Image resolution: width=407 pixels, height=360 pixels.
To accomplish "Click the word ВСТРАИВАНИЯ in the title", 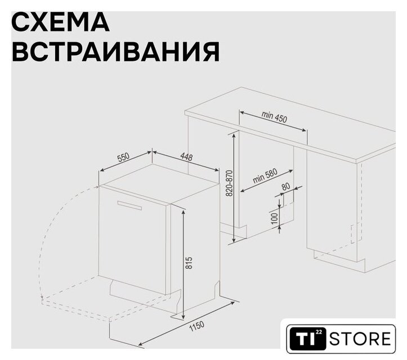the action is (116, 52).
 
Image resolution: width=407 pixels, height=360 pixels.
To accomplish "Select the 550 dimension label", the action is (123, 157).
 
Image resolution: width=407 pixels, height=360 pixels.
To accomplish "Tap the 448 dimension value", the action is (186, 157).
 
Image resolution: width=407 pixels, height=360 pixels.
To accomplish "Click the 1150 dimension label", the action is (197, 327).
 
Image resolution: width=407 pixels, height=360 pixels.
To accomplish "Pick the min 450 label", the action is (274, 116).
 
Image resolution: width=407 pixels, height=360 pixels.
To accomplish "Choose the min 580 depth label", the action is (265, 176).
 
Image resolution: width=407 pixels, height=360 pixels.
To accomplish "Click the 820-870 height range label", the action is (230, 183).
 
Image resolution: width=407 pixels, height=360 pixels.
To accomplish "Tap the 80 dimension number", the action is (286, 186).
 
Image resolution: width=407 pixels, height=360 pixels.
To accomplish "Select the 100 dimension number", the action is (274, 219).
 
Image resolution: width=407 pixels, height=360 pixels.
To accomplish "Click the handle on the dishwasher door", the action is (129, 205).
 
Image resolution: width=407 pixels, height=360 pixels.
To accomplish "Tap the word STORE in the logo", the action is (360, 339).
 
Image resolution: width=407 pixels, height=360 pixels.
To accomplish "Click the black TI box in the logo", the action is (307, 339).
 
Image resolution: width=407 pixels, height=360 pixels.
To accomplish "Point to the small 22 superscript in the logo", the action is (319, 332).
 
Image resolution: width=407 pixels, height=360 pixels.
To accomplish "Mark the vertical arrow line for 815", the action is (184, 264).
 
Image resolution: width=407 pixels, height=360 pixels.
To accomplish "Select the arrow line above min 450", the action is (273, 121).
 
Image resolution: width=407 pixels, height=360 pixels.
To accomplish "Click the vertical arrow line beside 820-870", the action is (234, 188).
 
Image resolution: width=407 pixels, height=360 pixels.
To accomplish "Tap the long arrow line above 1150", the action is (187, 323).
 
